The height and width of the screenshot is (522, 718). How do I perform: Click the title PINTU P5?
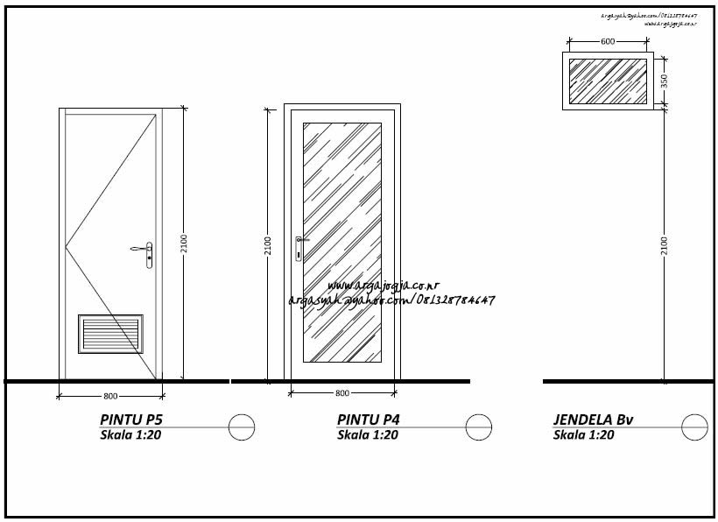(x=131, y=420)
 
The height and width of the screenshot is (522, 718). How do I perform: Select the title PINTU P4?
(x=368, y=420)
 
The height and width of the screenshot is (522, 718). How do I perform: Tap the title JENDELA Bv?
(x=593, y=420)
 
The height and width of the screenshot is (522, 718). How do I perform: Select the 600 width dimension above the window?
(x=608, y=41)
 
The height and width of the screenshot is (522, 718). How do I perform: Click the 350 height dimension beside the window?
(x=665, y=81)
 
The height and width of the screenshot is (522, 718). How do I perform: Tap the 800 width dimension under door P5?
(x=109, y=396)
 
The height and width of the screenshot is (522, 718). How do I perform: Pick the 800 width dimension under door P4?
(x=342, y=393)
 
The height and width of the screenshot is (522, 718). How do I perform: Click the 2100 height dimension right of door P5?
(x=184, y=243)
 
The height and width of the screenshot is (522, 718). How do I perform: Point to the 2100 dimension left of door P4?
(x=268, y=245)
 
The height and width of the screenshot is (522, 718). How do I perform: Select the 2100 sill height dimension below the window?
(x=665, y=245)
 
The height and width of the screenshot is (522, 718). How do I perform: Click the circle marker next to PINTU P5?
(x=242, y=427)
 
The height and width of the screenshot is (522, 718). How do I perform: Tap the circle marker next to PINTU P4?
(x=479, y=427)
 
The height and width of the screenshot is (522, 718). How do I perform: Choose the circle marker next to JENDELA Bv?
(x=695, y=427)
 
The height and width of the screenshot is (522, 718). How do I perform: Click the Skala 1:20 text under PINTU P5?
(x=130, y=434)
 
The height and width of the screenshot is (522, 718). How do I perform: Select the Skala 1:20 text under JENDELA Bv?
(x=583, y=434)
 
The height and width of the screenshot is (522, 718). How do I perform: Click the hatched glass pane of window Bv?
(x=608, y=81)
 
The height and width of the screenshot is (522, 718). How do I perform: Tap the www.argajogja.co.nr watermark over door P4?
(x=384, y=286)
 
